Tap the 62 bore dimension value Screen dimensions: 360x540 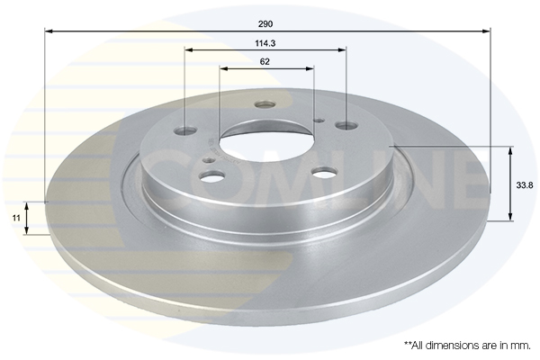tap(265, 62)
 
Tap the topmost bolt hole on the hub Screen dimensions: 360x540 tap(265, 104)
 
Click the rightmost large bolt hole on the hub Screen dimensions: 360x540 tap(346, 125)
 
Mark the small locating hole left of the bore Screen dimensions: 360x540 tap(209, 160)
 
